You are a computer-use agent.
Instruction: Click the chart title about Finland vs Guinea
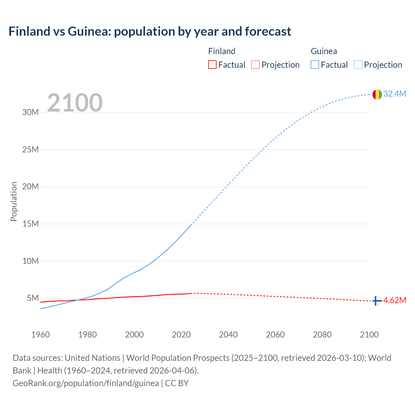click(x=150, y=31)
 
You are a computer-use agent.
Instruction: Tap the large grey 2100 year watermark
click(x=75, y=103)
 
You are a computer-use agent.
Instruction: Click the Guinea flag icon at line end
click(x=377, y=94)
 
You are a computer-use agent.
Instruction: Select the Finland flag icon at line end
click(x=377, y=301)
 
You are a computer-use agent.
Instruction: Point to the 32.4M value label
click(x=395, y=94)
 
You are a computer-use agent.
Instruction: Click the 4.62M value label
click(x=395, y=301)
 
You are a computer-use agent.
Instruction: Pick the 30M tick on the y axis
click(x=30, y=113)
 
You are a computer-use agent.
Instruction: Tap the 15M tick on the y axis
click(x=30, y=224)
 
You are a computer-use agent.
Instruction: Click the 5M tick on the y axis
click(x=33, y=298)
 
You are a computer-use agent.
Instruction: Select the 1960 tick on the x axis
click(x=41, y=335)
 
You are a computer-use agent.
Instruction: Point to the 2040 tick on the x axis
click(x=228, y=335)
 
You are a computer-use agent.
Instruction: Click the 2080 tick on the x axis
click(x=322, y=335)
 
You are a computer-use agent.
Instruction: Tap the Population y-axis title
click(x=14, y=201)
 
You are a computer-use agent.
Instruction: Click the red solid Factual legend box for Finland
click(x=212, y=65)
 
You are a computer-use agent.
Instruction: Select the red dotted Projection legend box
click(x=255, y=65)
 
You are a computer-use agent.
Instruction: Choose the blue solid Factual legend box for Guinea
click(x=315, y=65)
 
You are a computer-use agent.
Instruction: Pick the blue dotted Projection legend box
click(x=358, y=65)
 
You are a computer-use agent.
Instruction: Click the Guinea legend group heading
click(x=324, y=51)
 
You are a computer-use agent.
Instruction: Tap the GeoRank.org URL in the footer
click(x=86, y=383)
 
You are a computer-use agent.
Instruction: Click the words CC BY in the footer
click(x=177, y=383)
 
